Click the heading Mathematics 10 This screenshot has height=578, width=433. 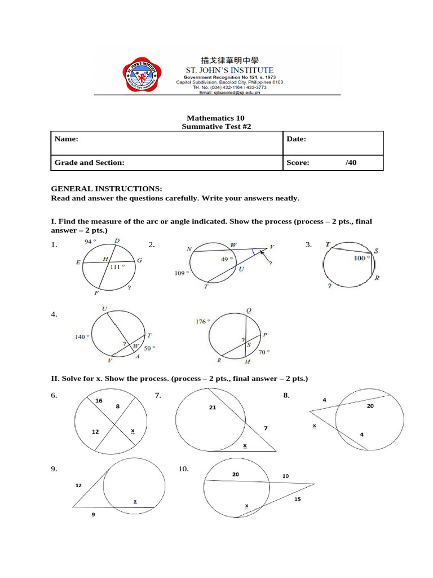click(x=216, y=118)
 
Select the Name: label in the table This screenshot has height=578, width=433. click(x=66, y=139)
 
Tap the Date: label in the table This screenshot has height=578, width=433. click(x=296, y=139)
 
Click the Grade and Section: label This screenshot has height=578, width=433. click(x=89, y=163)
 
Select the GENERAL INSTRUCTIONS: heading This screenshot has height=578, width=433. click(x=107, y=189)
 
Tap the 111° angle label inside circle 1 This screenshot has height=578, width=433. click(x=117, y=266)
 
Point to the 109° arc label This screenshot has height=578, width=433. click(x=182, y=273)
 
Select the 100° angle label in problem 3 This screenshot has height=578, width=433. click(x=361, y=258)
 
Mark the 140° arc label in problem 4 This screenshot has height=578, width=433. click(x=81, y=337)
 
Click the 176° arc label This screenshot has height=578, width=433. click(x=202, y=321)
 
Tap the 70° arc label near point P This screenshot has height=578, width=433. click(x=264, y=352)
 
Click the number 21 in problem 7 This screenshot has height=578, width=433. click(x=213, y=406)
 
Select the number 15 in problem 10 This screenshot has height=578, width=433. click(x=297, y=500)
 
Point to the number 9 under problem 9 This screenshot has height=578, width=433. click(x=93, y=515)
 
